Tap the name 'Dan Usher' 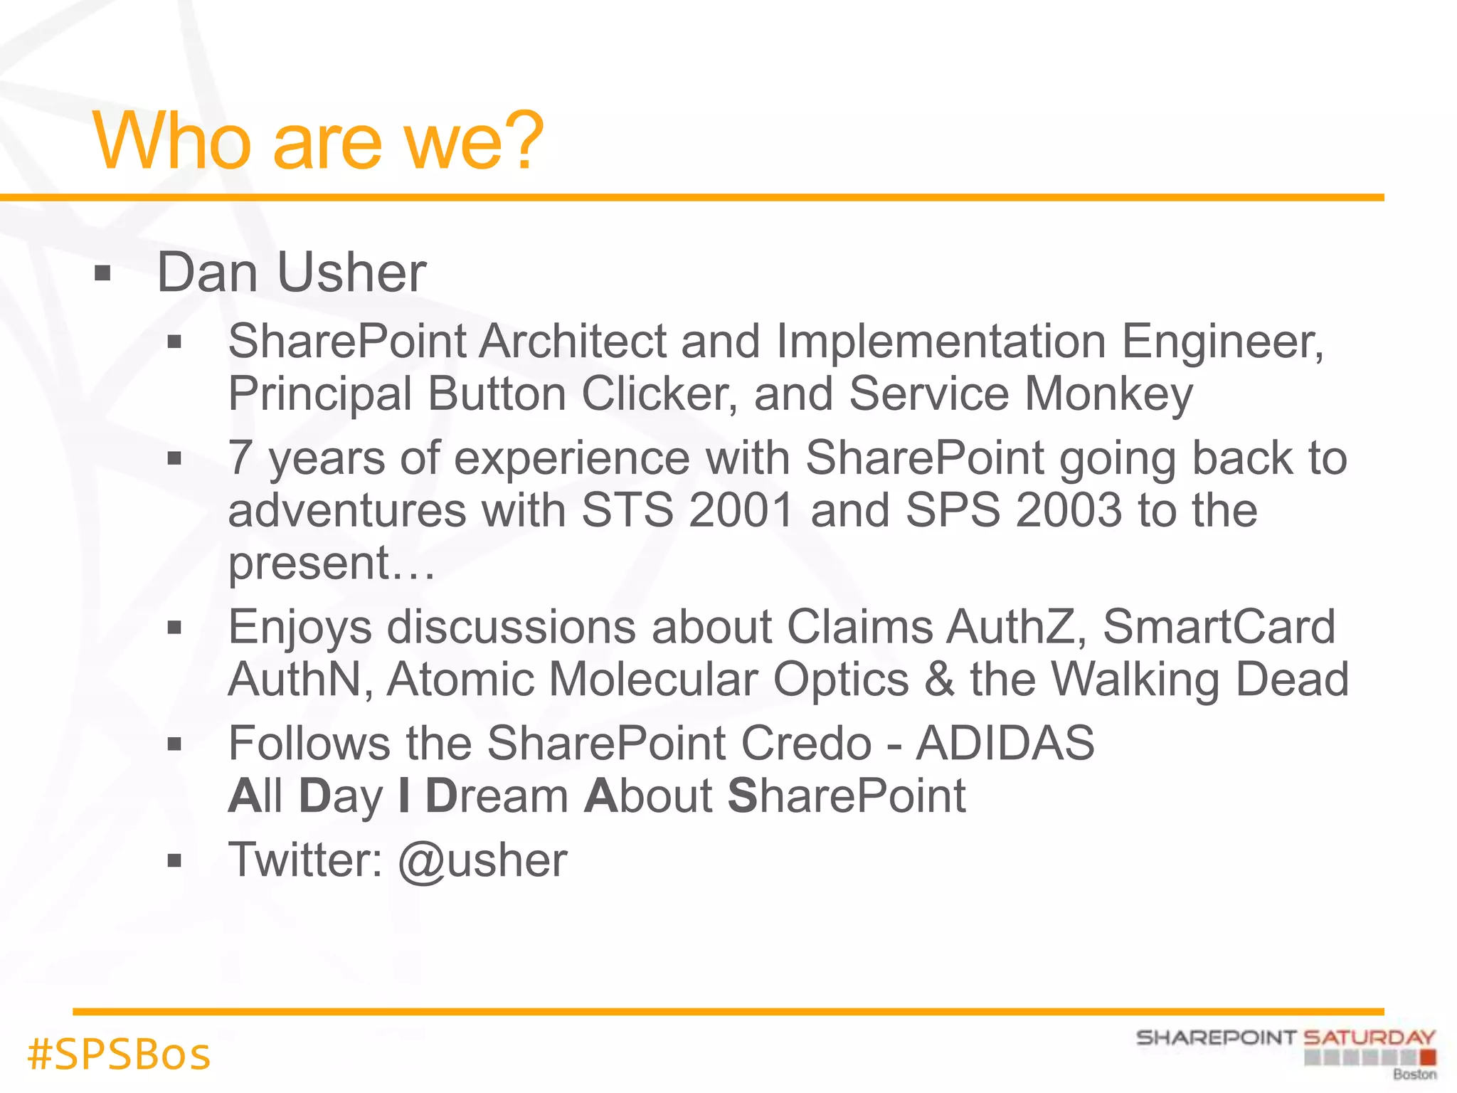click(291, 273)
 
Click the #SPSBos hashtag click(119, 1054)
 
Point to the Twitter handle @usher click(482, 860)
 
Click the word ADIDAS click(1005, 743)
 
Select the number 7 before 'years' click(240, 458)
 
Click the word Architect click(572, 341)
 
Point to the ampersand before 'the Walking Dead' click(939, 679)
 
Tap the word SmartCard click(1219, 627)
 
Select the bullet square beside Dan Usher click(103, 273)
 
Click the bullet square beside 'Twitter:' click(174, 861)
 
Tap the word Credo click(806, 743)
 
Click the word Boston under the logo click(1414, 1074)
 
